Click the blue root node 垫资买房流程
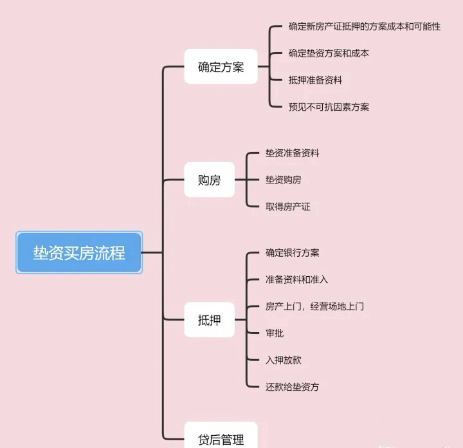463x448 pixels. [79, 253]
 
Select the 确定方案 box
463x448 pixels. [221, 67]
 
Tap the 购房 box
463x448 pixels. [209, 180]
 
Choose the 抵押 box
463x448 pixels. [209, 320]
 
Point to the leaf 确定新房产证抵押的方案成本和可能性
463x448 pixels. [365, 27]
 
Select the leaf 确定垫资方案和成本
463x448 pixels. [329, 53]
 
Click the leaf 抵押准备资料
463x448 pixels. [315, 80]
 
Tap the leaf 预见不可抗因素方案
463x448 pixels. [329, 107]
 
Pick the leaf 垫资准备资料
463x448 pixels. [292, 153]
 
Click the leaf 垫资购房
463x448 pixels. [283, 180]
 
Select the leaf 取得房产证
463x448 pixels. [287, 207]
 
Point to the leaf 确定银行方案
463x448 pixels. [292, 253]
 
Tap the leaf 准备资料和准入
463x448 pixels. [296, 280]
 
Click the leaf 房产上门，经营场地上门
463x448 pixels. [314, 306]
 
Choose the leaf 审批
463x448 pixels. [275, 333]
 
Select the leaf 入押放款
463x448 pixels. [283, 360]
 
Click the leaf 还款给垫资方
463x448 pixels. [292, 387]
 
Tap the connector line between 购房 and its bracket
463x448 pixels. [241, 180]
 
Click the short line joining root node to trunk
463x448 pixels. [152, 253]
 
